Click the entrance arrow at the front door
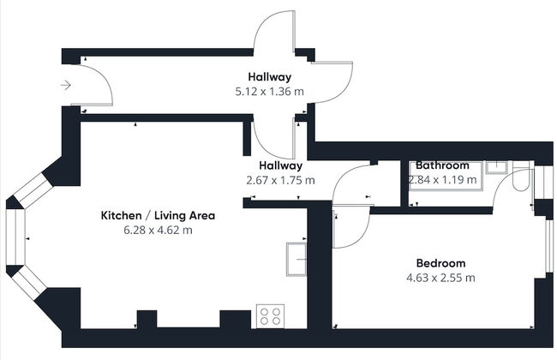pyautogui.click(x=66, y=86)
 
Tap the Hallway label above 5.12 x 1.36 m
pyautogui.click(x=270, y=77)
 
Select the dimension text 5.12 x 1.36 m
pyautogui.click(x=270, y=92)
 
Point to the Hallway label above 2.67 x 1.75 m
pyautogui.click(x=280, y=165)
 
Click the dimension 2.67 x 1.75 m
pyautogui.click(x=280, y=180)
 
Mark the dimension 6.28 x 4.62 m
pyautogui.click(x=158, y=230)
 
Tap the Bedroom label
pyautogui.click(x=440, y=263)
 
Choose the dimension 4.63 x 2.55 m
pyautogui.click(x=440, y=278)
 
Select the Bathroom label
pyautogui.click(x=442, y=165)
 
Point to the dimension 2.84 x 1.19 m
pyautogui.click(x=442, y=180)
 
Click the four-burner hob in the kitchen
pyautogui.click(x=270, y=316)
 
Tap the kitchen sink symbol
pyautogui.click(x=296, y=260)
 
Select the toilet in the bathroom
pyautogui.click(x=522, y=177)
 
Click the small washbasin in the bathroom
pyautogui.click(x=497, y=167)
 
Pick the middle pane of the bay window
pyautogui.click(x=15, y=237)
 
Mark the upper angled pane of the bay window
pyautogui.click(x=33, y=190)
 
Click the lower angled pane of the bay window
pyautogui.click(x=31, y=283)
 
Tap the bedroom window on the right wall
pyautogui.click(x=549, y=246)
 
